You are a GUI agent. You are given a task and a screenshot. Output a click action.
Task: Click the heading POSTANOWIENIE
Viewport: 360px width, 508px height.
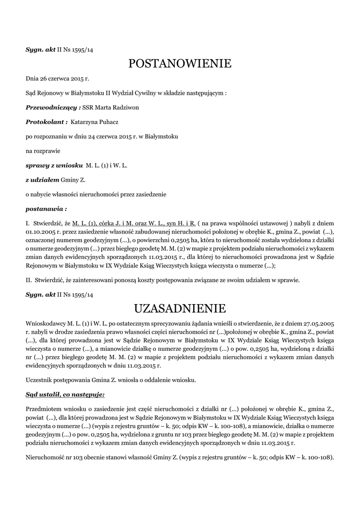click(x=180, y=63)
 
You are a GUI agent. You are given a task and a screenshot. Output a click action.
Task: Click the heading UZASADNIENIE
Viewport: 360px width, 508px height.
click(x=180, y=309)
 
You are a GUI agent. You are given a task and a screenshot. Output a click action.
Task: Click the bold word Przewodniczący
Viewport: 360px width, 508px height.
click(x=52, y=107)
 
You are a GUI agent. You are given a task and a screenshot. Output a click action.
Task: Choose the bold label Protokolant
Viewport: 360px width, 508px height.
click(x=45, y=121)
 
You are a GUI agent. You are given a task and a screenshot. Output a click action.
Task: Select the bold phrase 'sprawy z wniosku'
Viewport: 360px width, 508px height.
click(x=54, y=164)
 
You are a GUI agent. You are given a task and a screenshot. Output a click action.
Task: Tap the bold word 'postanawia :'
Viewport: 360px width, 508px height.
click(x=46, y=208)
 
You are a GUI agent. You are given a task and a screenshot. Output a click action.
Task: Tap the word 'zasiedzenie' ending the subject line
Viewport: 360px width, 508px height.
click(x=149, y=193)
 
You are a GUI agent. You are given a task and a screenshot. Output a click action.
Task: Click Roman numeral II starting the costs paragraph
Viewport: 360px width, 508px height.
click(x=28, y=280)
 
